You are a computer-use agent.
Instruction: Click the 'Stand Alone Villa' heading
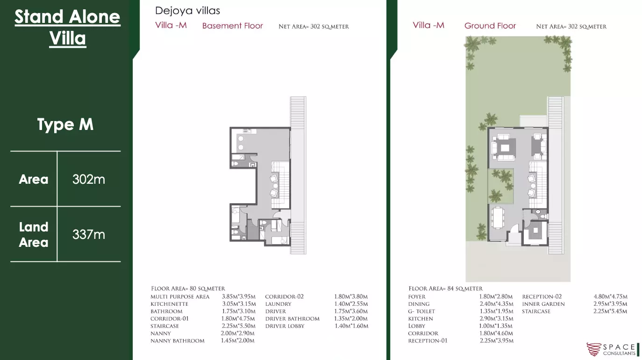click(67, 27)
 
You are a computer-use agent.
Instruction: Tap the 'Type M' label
click(65, 124)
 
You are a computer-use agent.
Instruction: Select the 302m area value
click(89, 179)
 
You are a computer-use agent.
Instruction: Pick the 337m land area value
click(89, 234)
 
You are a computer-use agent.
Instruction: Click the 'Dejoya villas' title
click(187, 11)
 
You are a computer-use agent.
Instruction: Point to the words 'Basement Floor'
click(232, 26)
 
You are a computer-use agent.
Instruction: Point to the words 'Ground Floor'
click(490, 26)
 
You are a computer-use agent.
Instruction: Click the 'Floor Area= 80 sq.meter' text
click(188, 288)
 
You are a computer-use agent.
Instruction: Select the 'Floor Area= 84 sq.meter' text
click(445, 288)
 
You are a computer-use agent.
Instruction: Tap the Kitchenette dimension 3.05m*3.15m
click(239, 304)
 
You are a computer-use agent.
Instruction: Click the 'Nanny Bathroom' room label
click(178, 341)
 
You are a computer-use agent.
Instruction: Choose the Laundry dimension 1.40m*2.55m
click(351, 304)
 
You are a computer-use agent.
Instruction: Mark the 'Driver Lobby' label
click(285, 326)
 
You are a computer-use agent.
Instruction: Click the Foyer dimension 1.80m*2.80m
click(496, 296)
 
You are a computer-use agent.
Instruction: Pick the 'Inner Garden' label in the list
click(543, 304)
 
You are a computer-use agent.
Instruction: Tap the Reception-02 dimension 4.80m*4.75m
click(610, 296)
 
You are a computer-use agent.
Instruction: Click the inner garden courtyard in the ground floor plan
click(500, 186)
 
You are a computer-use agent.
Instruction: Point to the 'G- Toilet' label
click(421, 311)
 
